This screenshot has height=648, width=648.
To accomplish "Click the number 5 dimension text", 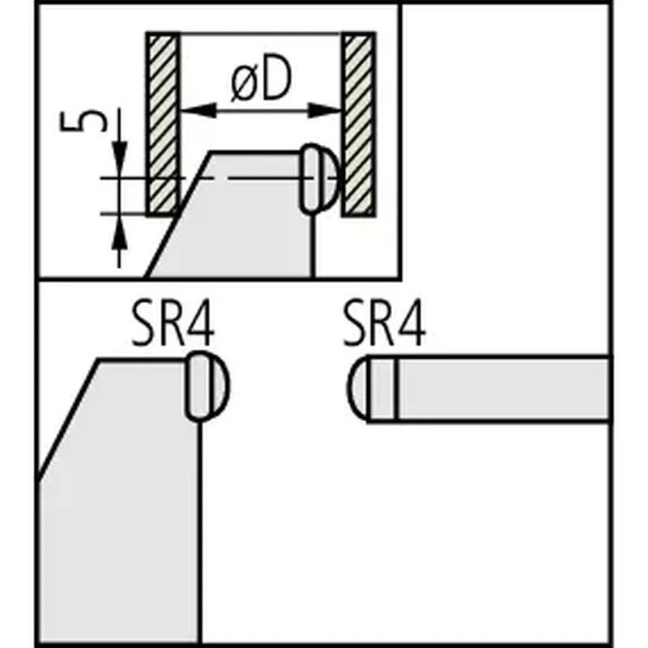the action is pyautogui.click(x=83, y=121).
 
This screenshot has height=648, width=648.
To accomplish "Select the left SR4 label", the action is pyautogui.click(x=173, y=323).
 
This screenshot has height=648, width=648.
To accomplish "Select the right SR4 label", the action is pyautogui.click(x=384, y=323).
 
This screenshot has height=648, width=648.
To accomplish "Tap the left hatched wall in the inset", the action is pyautogui.click(x=164, y=124).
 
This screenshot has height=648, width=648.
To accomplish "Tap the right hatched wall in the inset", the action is pyautogui.click(x=358, y=124).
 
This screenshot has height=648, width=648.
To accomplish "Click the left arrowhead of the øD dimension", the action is pyautogui.click(x=198, y=110).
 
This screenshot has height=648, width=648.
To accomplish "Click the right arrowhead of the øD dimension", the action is pyautogui.click(x=325, y=110).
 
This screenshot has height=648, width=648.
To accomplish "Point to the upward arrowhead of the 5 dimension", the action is pyautogui.click(x=119, y=232).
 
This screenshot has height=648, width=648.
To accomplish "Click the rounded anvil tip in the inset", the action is pyautogui.click(x=319, y=178).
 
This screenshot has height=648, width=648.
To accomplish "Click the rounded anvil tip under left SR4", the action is pyautogui.click(x=207, y=386).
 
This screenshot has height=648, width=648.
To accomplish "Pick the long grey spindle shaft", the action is pyautogui.click(x=503, y=389).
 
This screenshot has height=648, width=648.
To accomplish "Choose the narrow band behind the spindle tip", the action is pyautogui.click(x=382, y=389).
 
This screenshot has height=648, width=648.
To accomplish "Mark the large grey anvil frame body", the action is pyautogui.click(x=120, y=496).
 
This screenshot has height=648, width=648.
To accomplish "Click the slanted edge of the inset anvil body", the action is pyautogui.click(x=178, y=214).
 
